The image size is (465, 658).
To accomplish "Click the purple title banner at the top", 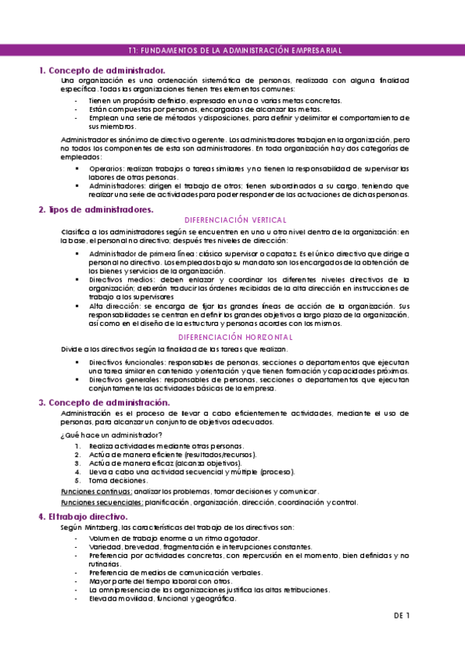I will [232, 50].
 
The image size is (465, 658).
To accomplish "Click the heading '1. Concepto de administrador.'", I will [102, 71].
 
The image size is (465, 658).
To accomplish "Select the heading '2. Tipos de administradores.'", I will [96, 210].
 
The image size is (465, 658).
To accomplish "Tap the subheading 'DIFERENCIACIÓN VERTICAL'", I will [233, 220].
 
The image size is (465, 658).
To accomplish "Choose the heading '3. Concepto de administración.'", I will [104, 403].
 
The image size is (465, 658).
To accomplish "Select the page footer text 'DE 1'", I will [401, 615].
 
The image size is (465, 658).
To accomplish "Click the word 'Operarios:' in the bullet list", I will [106, 168].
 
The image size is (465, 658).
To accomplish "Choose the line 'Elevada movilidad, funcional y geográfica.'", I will [162, 598].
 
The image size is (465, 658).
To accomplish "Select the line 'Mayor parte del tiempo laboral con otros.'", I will [160, 580].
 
